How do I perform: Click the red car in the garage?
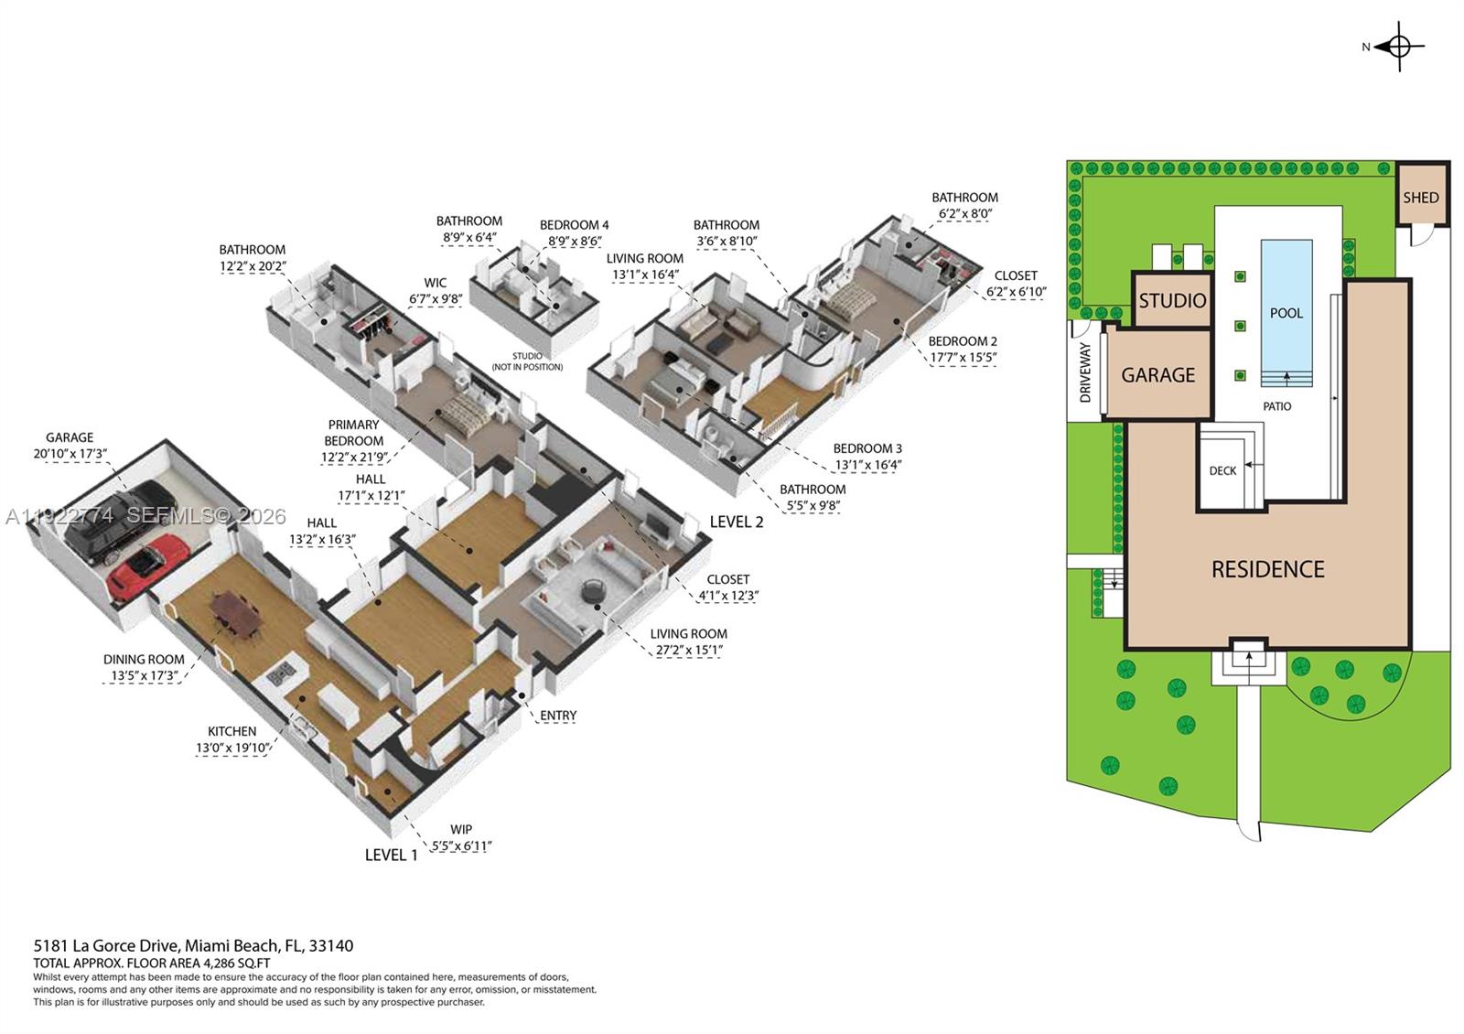point(148,566)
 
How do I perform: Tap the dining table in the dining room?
point(236,611)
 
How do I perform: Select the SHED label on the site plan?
point(1421,198)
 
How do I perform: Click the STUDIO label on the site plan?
point(1172,301)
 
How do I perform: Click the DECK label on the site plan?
point(1222,471)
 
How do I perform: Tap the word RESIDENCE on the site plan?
point(1267,569)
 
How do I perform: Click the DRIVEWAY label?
point(1085,372)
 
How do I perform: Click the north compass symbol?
point(1399,46)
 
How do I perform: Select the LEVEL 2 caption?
point(736,522)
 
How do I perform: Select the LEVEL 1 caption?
point(391,855)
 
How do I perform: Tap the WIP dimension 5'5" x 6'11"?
point(461,846)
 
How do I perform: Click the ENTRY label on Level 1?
point(558,716)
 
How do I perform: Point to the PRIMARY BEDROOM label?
point(353,433)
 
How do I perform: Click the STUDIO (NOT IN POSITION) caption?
point(527,361)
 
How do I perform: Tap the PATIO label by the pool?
point(1276,406)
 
